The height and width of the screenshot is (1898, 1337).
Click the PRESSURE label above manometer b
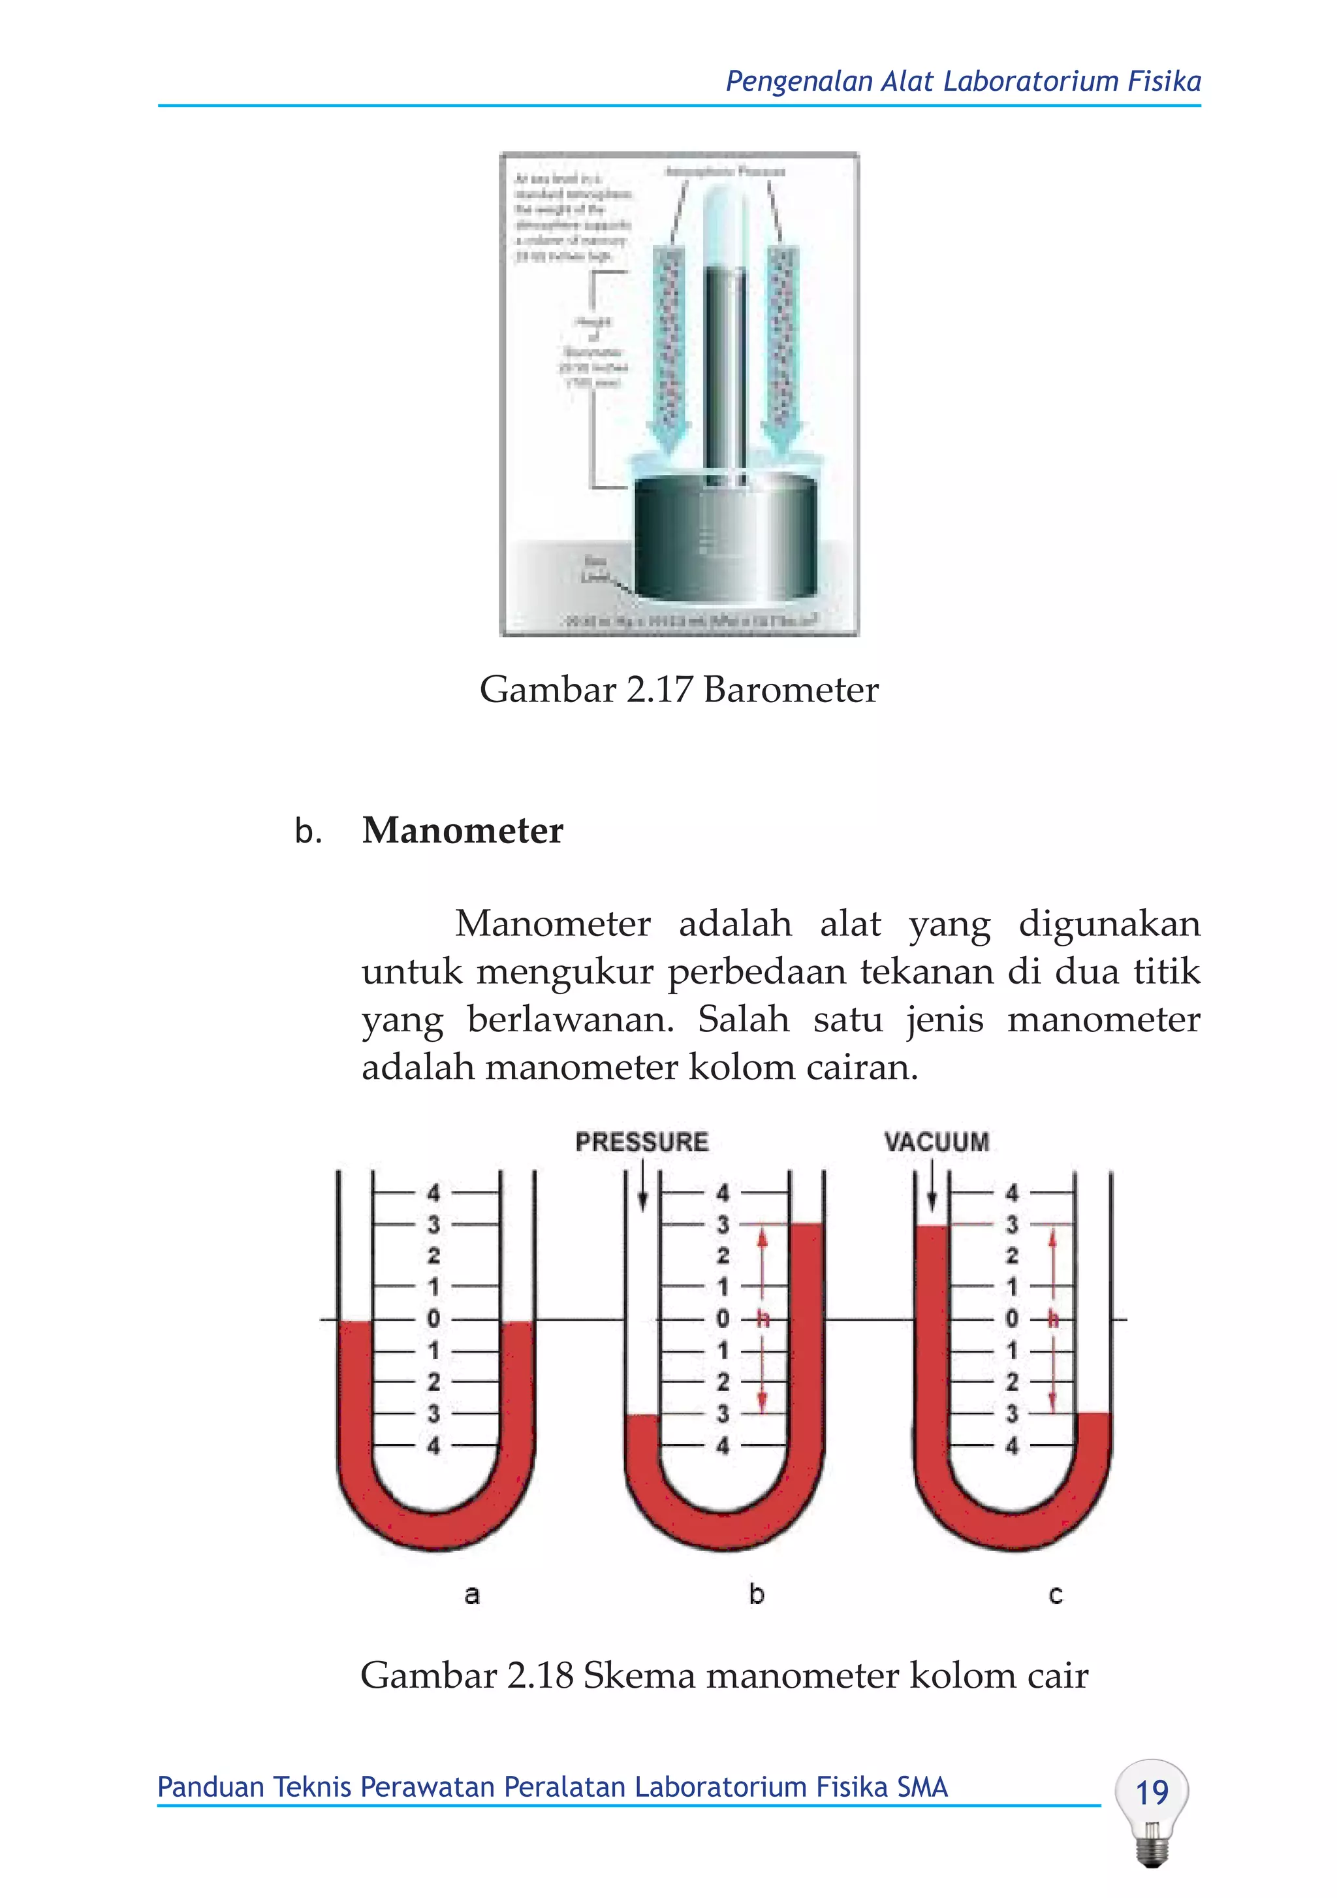(641, 1142)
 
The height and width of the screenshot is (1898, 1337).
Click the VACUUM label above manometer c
(936, 1142)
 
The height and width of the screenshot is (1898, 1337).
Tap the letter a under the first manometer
(472, 1594)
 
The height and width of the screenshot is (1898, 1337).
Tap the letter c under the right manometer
(1055, 1594)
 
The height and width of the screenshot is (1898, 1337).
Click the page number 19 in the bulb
(1151, 1792)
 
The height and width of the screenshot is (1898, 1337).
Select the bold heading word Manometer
(462, 830)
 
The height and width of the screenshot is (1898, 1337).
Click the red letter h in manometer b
(762, 1319)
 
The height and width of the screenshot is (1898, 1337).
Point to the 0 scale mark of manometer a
(433, 1319)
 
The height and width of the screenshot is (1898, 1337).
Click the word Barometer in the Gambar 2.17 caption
(791, 690)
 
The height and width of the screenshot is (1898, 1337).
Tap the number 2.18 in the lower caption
(541, 1676)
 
